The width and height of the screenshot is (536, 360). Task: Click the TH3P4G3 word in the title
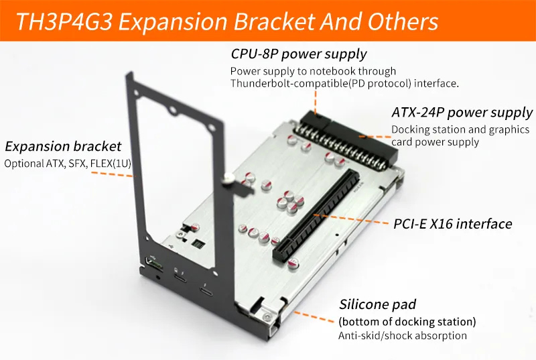click(64, 21)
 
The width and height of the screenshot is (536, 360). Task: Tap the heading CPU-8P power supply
click(298, 54)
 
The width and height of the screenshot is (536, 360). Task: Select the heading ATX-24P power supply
click(462, 113)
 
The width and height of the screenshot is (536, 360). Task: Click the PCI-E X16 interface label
click(453, 224)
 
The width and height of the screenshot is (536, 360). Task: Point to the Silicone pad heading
click(377, 304)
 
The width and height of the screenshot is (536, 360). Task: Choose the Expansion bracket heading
click(63, 146)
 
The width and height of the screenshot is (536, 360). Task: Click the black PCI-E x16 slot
click(316, 215)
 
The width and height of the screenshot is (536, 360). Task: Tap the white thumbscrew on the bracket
click(228, 178)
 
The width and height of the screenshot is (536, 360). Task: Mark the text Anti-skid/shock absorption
click(403, 336)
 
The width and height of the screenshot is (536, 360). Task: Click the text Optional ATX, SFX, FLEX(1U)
click(68, 164)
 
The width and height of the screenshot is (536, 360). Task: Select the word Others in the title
click(403, 21)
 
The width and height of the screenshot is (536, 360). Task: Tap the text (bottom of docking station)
click(407, 322)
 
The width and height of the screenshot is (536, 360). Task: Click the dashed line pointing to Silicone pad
click(314, 316)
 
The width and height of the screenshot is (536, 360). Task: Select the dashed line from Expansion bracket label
click(112, 174)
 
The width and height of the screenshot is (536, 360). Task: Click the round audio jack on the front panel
click(158, 277)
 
